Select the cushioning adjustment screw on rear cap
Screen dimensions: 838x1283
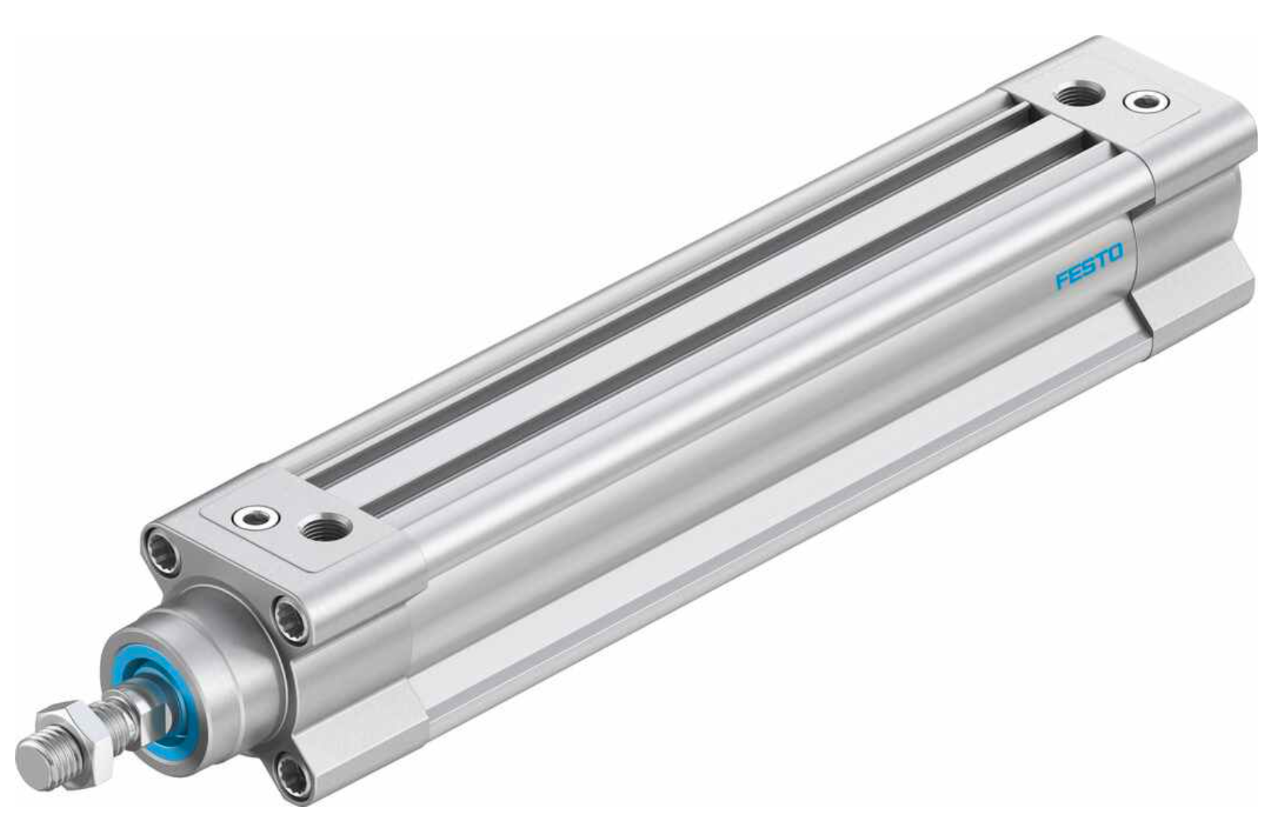tap(1146, 102)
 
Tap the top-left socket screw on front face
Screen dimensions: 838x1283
tap(161, 550)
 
